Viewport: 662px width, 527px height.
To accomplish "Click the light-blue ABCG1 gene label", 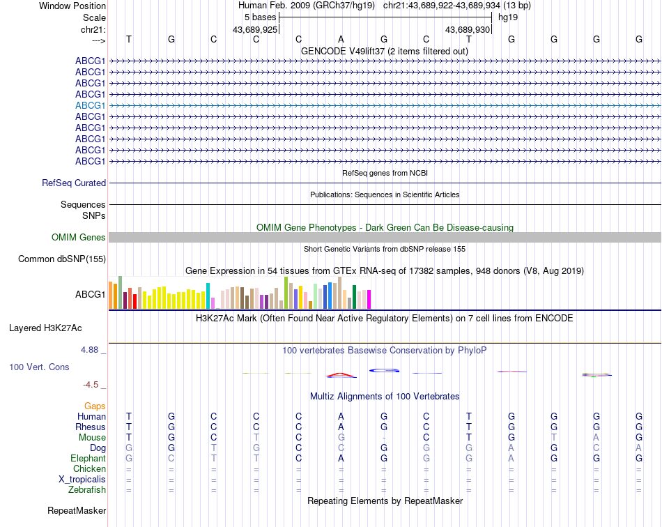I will pos(91,105).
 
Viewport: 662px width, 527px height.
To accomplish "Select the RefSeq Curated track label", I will pos(74,183).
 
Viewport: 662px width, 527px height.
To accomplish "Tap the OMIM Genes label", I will pos(79,238).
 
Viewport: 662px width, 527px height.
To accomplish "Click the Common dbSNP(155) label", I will pos(62,259).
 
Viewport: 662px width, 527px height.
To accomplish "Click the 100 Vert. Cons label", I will pos(39,367).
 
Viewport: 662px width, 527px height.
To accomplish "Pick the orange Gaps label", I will pos(95,406).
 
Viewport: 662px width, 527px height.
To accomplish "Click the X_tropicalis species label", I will pos(82,480).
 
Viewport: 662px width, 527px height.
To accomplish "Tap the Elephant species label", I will pos(88,459).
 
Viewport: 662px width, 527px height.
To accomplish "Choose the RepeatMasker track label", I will pos(77,511).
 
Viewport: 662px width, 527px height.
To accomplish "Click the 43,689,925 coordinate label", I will pos(255,29).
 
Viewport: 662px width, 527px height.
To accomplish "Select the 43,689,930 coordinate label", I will pos(468,29).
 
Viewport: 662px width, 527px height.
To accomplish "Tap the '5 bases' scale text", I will pos(260,17).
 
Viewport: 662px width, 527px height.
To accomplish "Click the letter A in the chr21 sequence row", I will pos(341,39).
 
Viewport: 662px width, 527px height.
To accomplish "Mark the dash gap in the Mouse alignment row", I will pos(383,438).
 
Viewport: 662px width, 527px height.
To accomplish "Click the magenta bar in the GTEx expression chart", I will pos(369,299).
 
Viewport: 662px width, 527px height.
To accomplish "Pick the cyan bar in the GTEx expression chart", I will pos(208,296).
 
